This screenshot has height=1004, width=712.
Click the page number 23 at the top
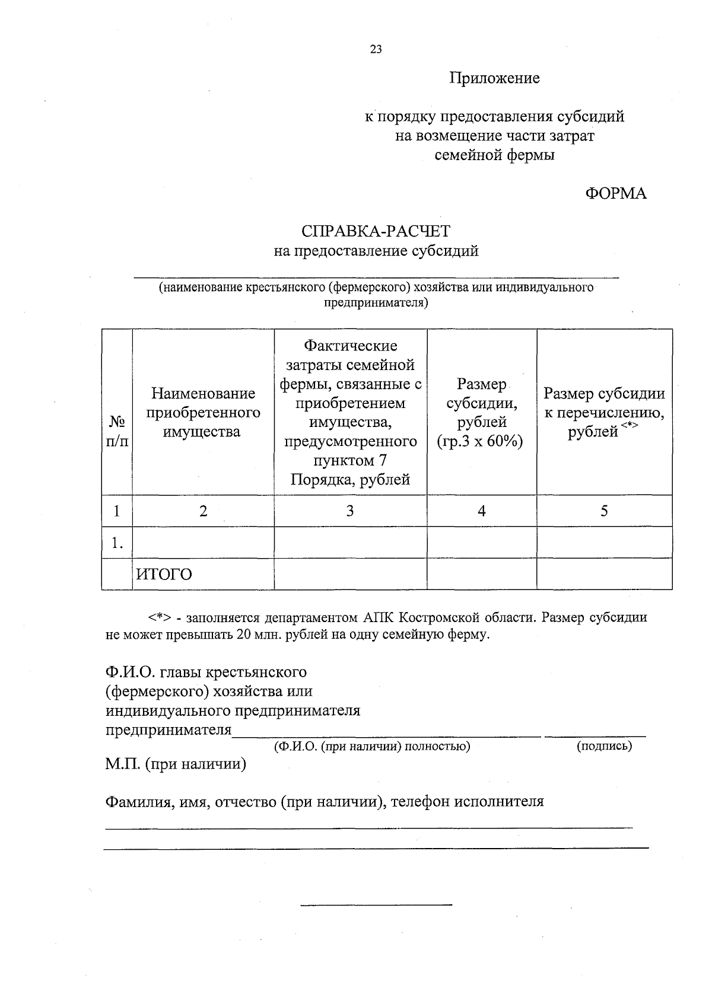pyautogui.click(x=376, y=49)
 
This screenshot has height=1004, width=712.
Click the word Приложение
pyautogui.click(x=494, y=78)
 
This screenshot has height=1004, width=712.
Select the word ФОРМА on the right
pyautogui.click(x=616, y=193)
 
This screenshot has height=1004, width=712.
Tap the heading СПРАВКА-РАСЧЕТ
pyautogui.click(x=376, y=231)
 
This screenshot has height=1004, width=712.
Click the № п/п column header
pyautogui.click(x=117, y=431)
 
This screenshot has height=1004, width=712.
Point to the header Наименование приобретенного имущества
pyautogui.click(x=203, y=412)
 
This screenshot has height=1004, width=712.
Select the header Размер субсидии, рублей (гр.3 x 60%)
pyautogui.click(x=481, y=413)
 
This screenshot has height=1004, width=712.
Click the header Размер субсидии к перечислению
pyautogui.click(x=604, y=412)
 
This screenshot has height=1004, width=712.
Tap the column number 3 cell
pyautogui.click(x=350, y=511)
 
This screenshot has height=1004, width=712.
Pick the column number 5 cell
pyautogui.click(x=604, y=511)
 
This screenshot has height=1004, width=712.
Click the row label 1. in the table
pyautogui.click(x=117, y=543)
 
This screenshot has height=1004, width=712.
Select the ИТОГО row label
pyautogui.click(x=164, y=574)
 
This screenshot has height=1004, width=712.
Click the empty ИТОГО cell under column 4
pyautogui.click(x=481, y=574)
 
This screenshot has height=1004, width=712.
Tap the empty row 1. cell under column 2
pyautogui.click(x=203, y=543)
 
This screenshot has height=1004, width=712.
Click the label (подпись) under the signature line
pyautogui.click(x=604, y=746)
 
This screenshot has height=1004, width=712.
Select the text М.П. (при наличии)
pyautogui.click(x=176, y=764)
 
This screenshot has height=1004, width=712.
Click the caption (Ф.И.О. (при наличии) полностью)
pyautogui.click(x=372, y=746)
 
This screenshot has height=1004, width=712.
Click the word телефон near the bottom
pyautogui.click(x=420, y=802)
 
